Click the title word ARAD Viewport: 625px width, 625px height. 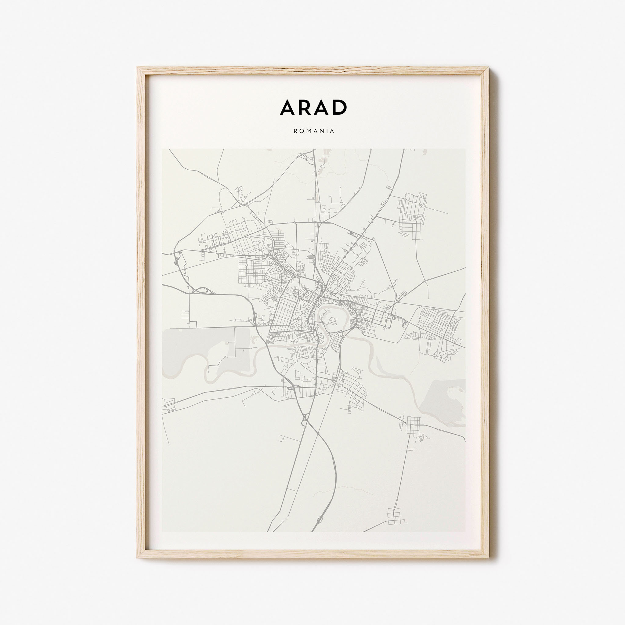click(x=313, y=107)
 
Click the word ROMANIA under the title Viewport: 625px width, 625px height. click(x=314, y=131)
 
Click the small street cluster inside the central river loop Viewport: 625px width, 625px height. click(x=332, y=321)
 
